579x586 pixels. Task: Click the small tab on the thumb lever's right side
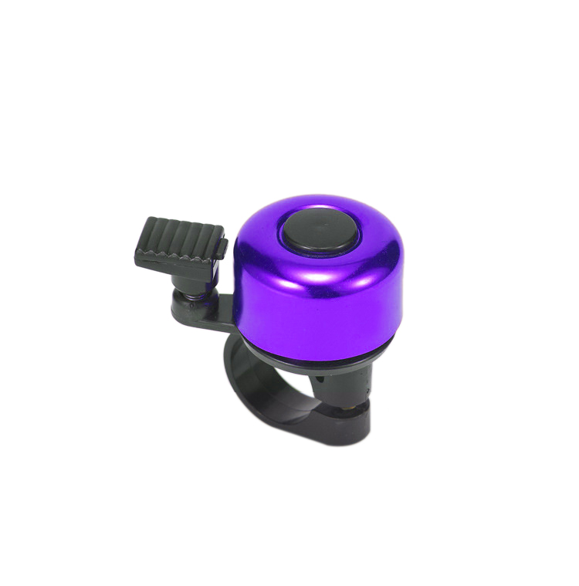pyautogui.click(x=222, y=246)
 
